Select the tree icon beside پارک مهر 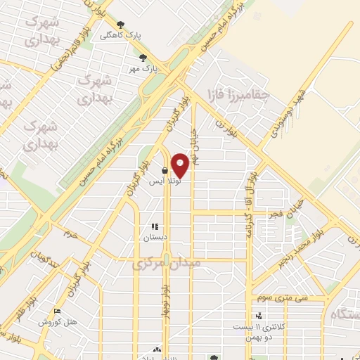[x=143, y=58]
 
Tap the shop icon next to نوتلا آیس [x=165, y=170]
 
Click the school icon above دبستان [x=155, y=227]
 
